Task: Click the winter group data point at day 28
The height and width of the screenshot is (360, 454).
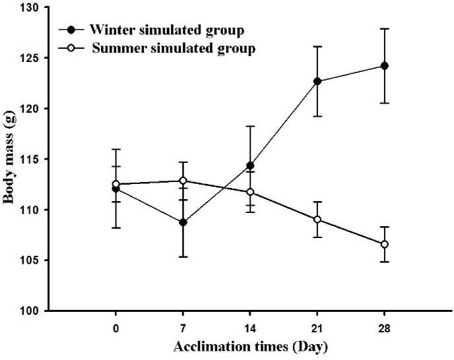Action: tap(385, 66)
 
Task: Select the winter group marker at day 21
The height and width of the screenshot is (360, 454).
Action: tap(317, 81)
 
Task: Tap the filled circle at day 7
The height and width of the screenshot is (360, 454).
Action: tap(183, 222)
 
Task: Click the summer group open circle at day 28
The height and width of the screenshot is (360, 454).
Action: tap(385, 244)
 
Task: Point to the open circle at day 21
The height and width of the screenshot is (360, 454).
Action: tap(317, 220)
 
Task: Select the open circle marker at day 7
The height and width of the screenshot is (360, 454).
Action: tap(183, 181)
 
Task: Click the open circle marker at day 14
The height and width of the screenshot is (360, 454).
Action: tap(250, 192)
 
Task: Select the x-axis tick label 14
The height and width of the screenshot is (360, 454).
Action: tap(250, 328)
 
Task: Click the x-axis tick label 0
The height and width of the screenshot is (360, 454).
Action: tap(116, 328)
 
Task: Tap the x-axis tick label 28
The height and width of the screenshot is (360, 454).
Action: tap(385, 328)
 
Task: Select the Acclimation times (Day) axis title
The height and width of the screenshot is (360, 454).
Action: tap(250, 346)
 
